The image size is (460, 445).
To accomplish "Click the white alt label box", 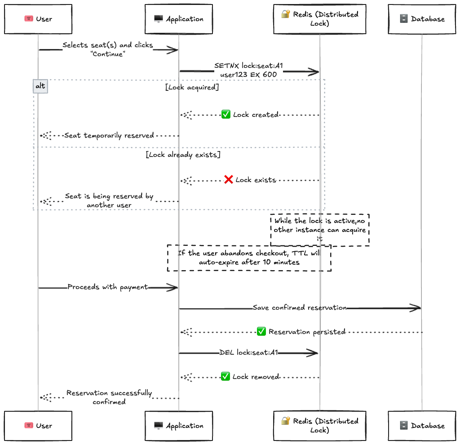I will click(x=40, y=86).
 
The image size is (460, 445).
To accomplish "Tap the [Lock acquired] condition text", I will click(x=192, y=87).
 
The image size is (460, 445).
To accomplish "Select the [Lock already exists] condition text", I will click(x=183, y=155).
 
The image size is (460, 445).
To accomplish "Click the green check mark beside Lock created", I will click(x=226, y=115).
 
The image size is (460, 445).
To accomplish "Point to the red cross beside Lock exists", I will click(x=229, y=180).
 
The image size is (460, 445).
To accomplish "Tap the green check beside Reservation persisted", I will click(x=261, y=332).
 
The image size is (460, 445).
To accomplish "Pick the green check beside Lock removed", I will click(x=226, y=376).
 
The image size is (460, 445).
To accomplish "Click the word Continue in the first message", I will click(x=108, y=54).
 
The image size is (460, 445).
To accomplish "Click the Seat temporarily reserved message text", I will click(x=109, y=135).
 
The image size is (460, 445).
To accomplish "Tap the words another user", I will click(x=109, y=205).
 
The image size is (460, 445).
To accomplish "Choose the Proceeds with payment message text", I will click(x=108, y=287).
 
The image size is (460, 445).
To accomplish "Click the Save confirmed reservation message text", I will click(x=300, y=308).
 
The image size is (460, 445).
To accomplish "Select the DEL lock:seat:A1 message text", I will click(x=248, y=353).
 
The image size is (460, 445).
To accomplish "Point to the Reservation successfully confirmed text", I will click(x=109, y=397).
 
